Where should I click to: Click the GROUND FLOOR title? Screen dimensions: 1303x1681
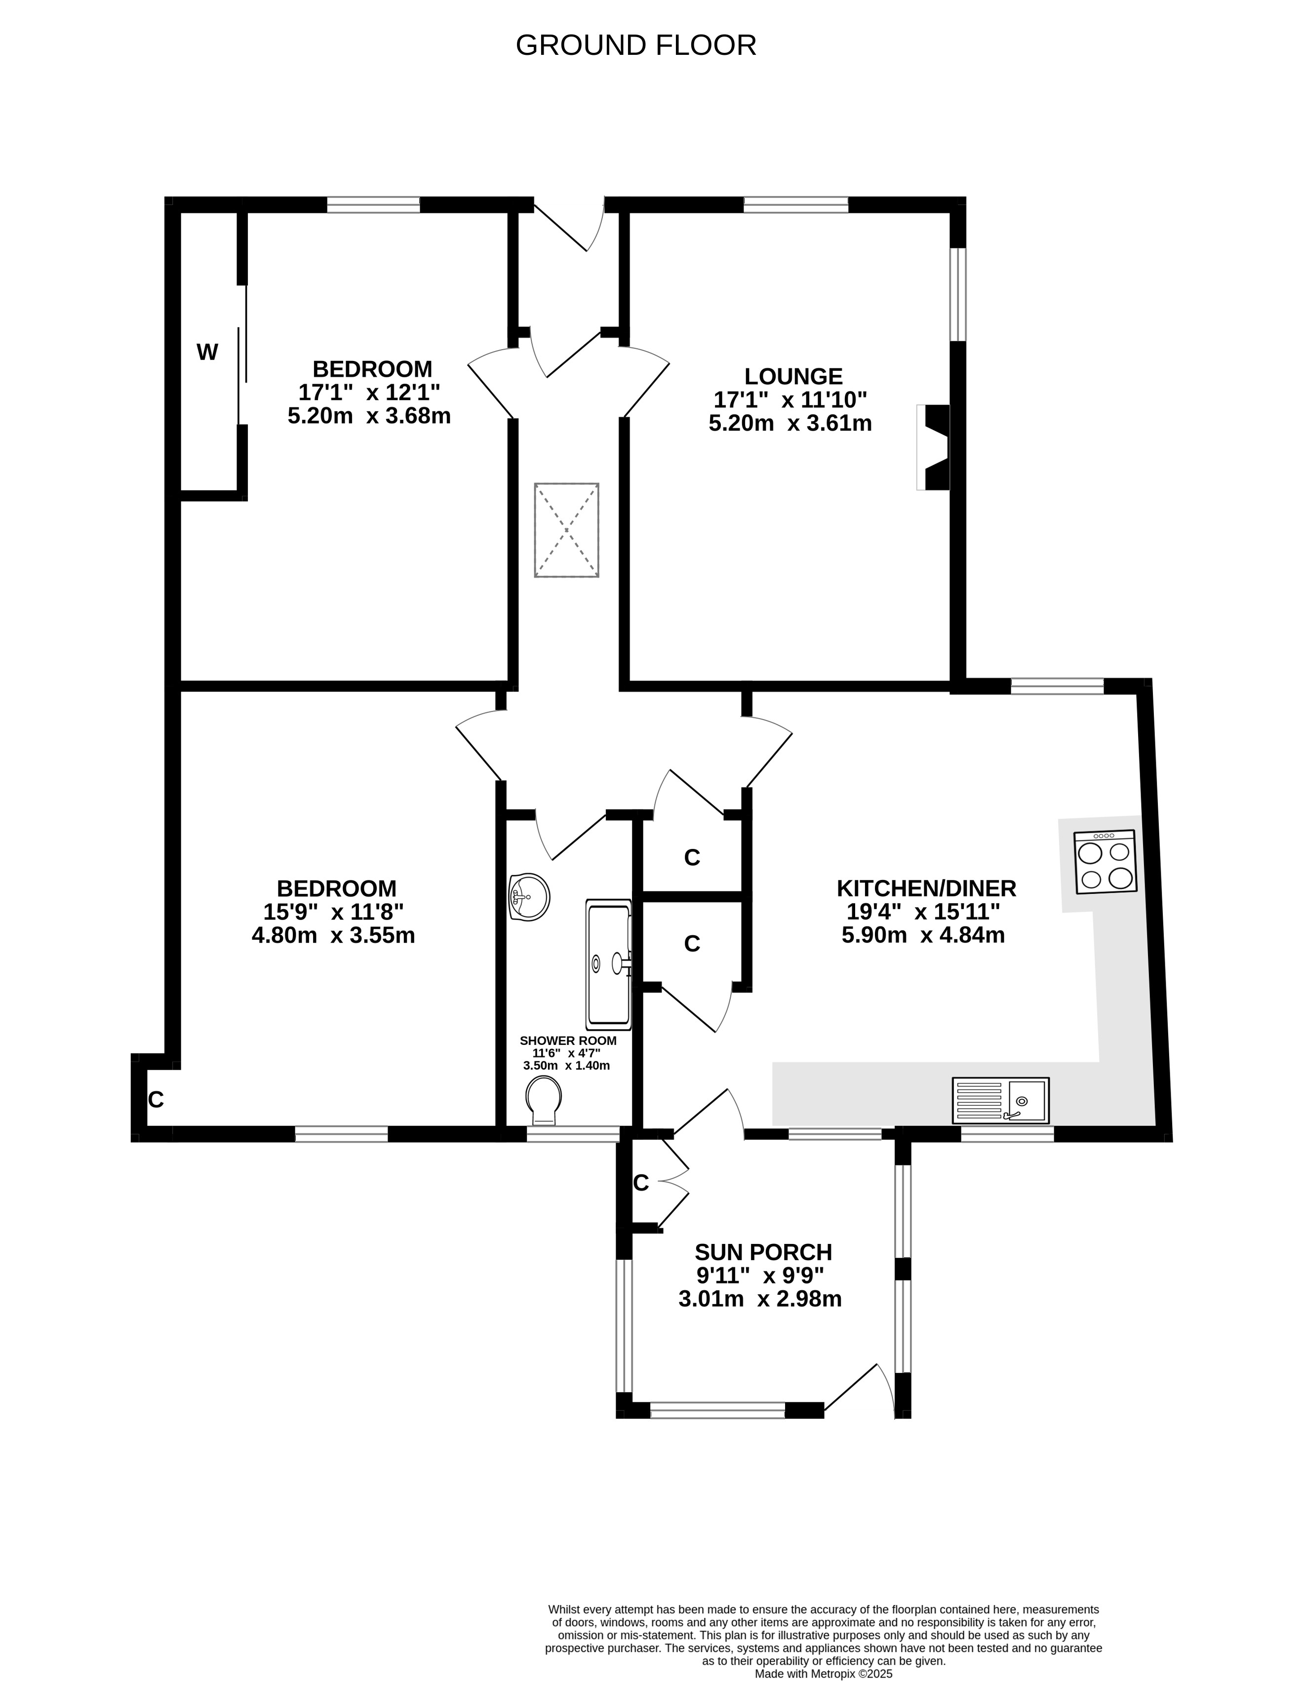636,45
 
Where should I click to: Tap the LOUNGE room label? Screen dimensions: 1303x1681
793,376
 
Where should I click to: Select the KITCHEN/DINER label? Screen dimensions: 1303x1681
927,888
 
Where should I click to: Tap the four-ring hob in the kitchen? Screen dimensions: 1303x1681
1105,862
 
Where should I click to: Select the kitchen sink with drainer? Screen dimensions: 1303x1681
1000,1100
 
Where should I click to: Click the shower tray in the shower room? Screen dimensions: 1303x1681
609,964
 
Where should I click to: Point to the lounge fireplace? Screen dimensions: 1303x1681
933,447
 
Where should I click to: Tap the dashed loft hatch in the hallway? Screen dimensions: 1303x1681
566,530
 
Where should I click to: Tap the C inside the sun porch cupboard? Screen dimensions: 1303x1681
641,1183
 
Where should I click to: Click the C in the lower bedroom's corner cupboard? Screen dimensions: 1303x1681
156,1100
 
